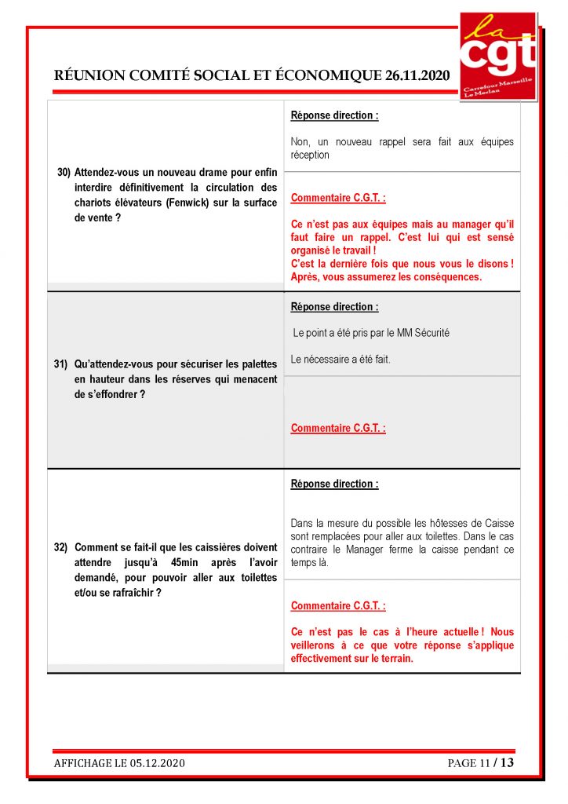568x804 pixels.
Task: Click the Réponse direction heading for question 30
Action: point(334,115)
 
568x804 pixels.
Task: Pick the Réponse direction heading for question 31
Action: point(334,307)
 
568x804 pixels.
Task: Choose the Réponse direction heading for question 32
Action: point(334,484)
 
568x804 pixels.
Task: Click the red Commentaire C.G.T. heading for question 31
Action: point(338,429)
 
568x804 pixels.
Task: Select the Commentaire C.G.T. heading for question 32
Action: point(338,606)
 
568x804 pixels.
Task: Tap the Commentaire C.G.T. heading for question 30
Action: point(338,199)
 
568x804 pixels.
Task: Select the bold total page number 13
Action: point(507,762)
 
